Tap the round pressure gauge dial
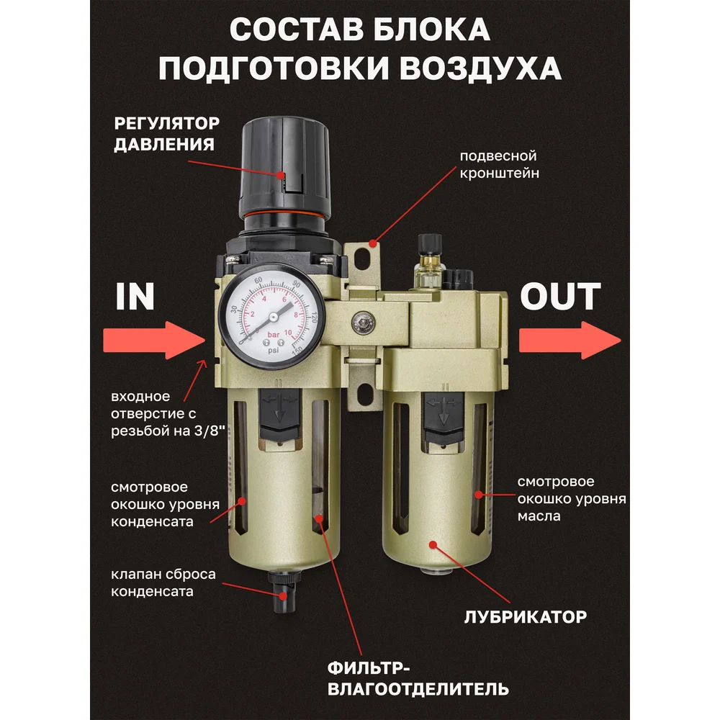[x=272, y=316]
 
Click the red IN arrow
[x=154, y=341]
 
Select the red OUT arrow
[x=570, y=341]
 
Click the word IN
[x=135, y=297]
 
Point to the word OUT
[x=560, y=297]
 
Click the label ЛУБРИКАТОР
[x=526, y=617]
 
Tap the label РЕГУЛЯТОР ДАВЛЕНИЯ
[x=167, y=134]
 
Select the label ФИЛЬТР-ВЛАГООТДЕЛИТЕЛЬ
[x=418, y=679]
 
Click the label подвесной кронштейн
[x=499, y=164]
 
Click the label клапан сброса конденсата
[x=163, y=582]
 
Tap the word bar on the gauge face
[x=273, y=335]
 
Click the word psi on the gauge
[x=273, y=351]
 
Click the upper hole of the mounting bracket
[x=362, y=259]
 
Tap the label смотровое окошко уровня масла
[x=572, y=499]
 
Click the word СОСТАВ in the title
[x=294, y=30]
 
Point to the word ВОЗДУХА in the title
[x=480, y=68]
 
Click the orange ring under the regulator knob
[x=284, y=215]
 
